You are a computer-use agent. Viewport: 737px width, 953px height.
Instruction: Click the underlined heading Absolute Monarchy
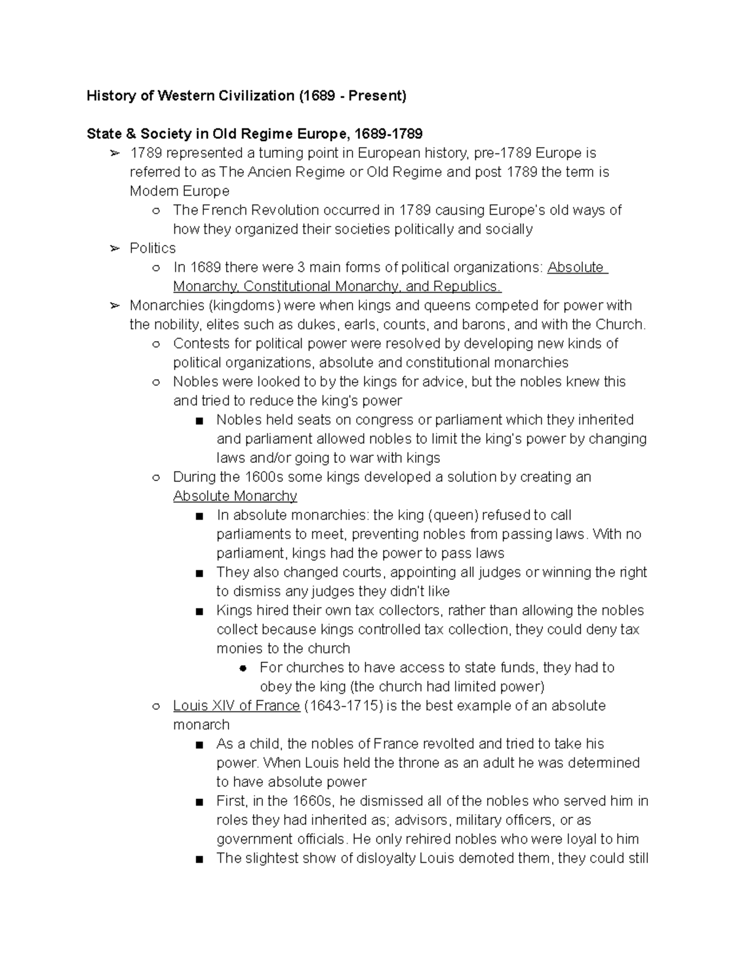coord(235,496)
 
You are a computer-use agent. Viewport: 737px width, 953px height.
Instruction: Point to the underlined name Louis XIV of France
coord(236,706)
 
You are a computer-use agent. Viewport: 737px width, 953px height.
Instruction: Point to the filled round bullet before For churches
coord(243,668)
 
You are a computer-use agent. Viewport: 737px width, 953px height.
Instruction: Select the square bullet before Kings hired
coord(199,611)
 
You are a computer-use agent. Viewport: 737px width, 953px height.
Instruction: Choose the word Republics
coord(467,287)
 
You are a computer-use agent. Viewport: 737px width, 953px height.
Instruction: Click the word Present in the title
coord(378,96)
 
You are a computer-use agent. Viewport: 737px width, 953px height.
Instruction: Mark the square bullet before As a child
coord(199,744)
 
